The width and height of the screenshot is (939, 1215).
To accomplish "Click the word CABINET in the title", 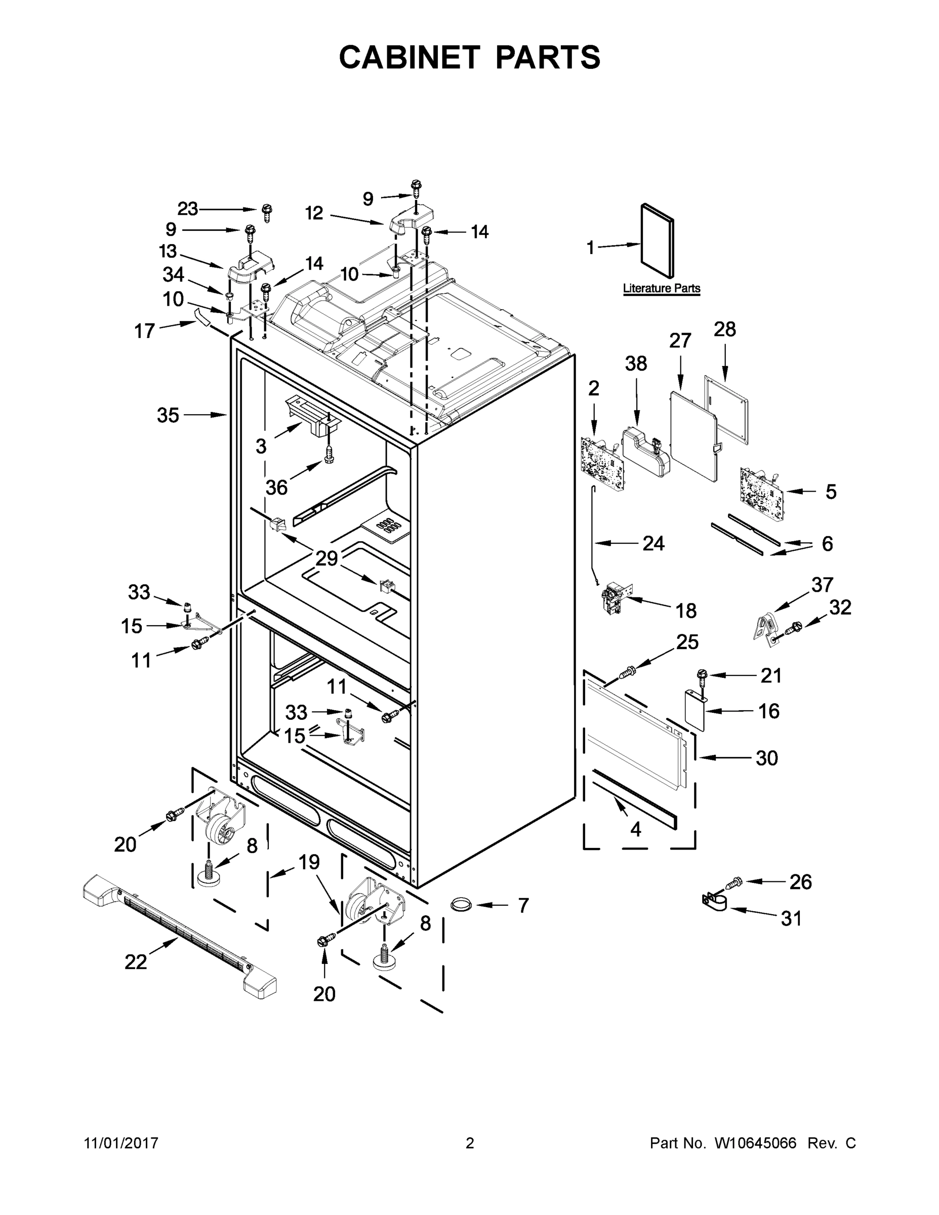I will tap(410, 57).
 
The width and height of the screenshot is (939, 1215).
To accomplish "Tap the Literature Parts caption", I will tap(662, 288).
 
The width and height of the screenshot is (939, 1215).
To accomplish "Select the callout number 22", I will tap(136, 961).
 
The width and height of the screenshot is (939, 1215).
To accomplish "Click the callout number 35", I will tap(168, 415).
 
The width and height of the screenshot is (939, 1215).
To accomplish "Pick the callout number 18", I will tap(686, 611).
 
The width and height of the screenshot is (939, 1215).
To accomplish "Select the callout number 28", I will tap(725, 330).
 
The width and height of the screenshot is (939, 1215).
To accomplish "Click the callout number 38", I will tap(636, 364).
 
